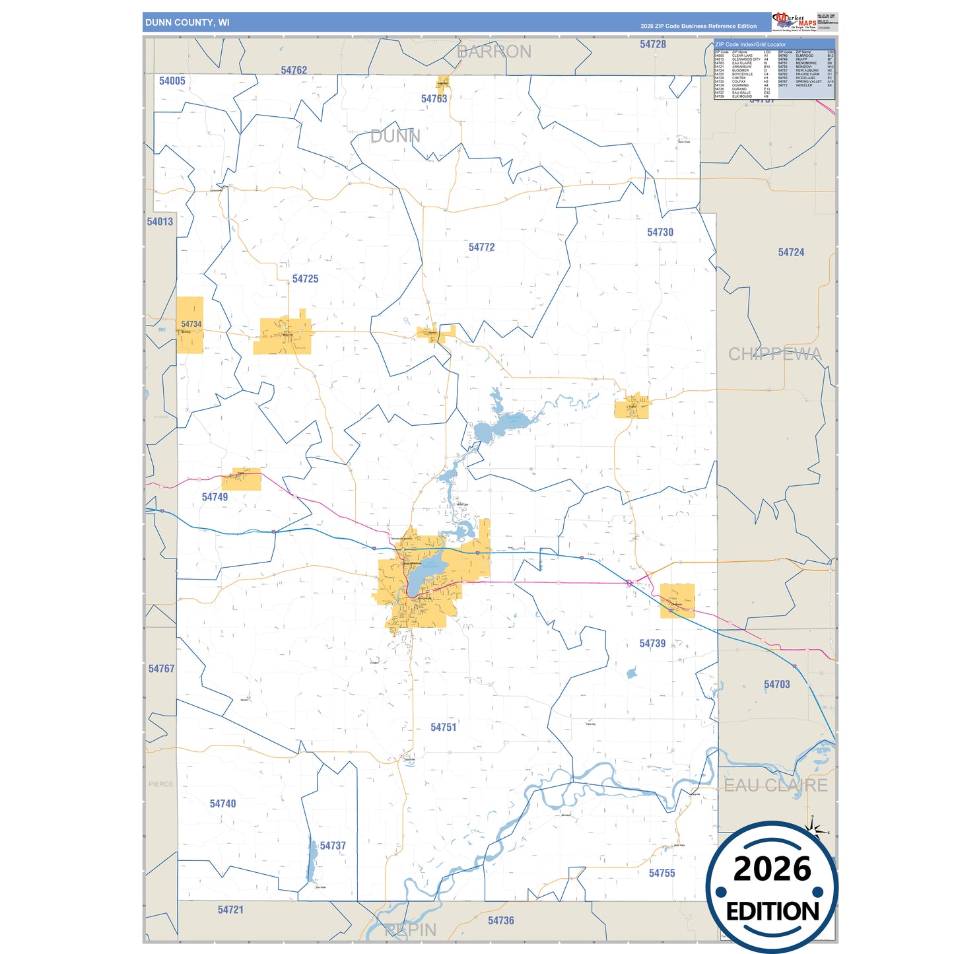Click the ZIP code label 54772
(481, 247)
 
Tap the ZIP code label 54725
(305, 279)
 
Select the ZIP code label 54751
(443, 727)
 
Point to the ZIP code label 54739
(652, 643)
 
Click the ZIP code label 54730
(660, 232)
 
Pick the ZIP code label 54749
(215, 496)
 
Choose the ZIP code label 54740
(222, 803)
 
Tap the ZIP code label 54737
(333, 845)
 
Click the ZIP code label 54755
(662, 873)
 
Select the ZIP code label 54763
(434, 98)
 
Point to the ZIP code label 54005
(172, 81)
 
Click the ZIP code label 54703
(776, 684)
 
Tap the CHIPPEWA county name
(774, 354)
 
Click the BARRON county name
(494, 51)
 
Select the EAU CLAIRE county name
(775, 785)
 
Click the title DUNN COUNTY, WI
(187, 22)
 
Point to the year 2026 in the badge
(772, 868)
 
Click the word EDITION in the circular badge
(772, 911)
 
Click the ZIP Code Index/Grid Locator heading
(750, 44)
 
